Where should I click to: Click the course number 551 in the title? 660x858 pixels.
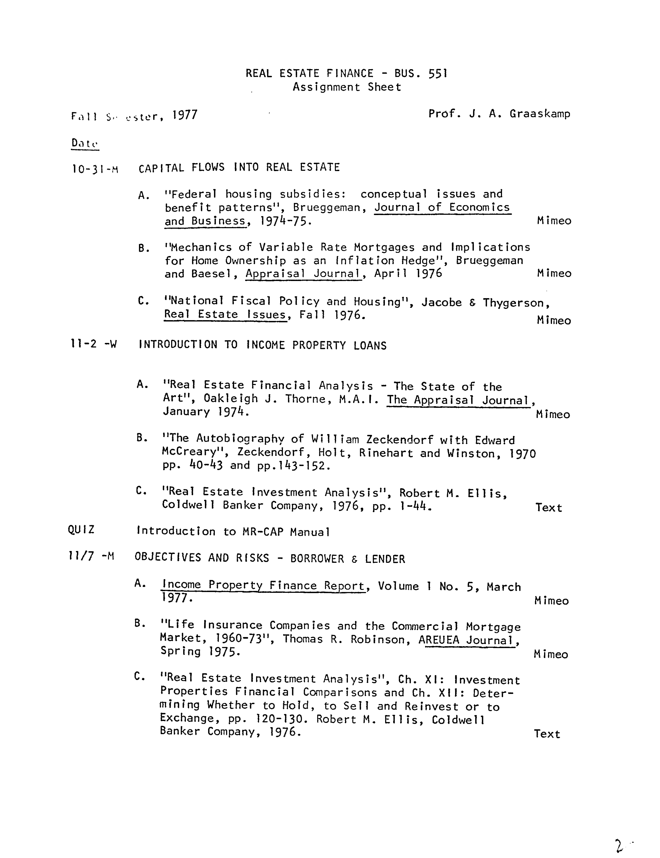pos(438,73)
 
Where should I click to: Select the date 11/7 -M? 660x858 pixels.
pos(91,557)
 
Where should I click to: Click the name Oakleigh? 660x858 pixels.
pos(230,399)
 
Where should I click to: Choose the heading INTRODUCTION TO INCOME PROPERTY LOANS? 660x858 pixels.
pos(262,345)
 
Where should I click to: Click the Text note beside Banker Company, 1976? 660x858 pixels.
pos(546,734)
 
